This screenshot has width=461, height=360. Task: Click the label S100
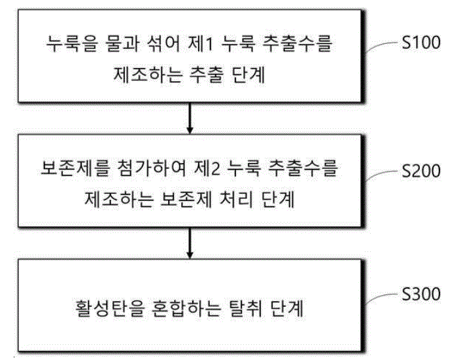[x=421, y=43]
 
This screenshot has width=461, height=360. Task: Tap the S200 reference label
[x=421, y=171]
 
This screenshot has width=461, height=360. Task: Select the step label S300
[x=421, y=294]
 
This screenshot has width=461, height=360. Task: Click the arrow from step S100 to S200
[x=190, y=118]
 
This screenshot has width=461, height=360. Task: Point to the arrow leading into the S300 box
[x=190, y=243]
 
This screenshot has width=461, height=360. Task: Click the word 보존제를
[x=75, y=169]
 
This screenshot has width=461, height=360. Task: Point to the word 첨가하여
[x=152, y=169]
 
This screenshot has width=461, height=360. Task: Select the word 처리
[x=236, y=200]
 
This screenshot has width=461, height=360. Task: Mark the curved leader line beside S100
[x=383, y=46]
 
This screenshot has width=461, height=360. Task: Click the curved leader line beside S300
[x=383, y=297]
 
